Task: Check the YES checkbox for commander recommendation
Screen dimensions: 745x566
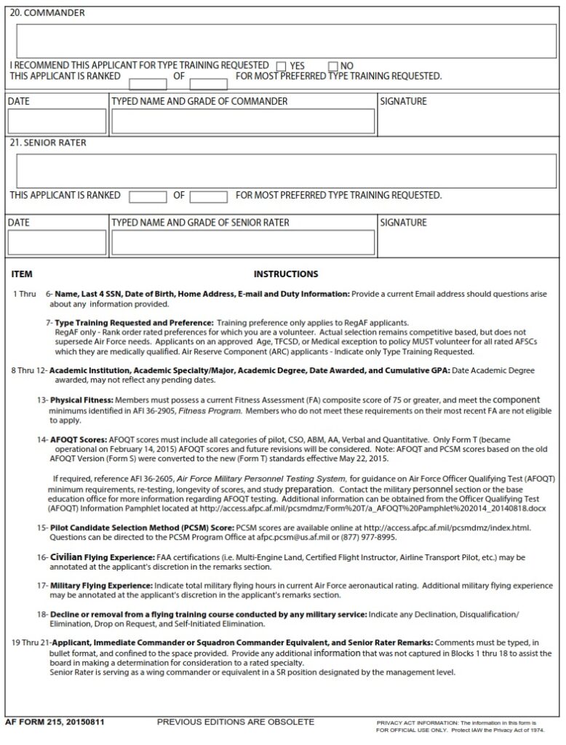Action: [281, 66]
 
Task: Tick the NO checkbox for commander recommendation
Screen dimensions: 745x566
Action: [334, 66]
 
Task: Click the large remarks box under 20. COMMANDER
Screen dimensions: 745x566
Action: [286, 41]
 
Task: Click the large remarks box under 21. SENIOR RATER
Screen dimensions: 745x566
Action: [286, 170]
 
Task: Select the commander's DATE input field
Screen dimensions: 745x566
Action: [57, 121]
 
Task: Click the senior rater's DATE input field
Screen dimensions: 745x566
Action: [57, 242]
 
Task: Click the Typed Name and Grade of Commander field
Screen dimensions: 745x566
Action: [243, 121]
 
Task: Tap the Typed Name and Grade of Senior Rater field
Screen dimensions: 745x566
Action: [243, 242]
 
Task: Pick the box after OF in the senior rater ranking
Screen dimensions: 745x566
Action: [209, 196]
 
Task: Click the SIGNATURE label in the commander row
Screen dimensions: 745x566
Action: [403, 101]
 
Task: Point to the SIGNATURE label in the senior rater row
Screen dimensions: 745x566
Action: [403, 222]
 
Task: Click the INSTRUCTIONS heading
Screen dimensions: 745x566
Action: [285, 274]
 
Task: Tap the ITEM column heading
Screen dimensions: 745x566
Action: [23, 274]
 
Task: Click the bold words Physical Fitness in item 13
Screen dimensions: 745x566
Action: [81, 400]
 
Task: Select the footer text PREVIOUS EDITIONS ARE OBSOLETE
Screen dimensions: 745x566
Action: [236, 722]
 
